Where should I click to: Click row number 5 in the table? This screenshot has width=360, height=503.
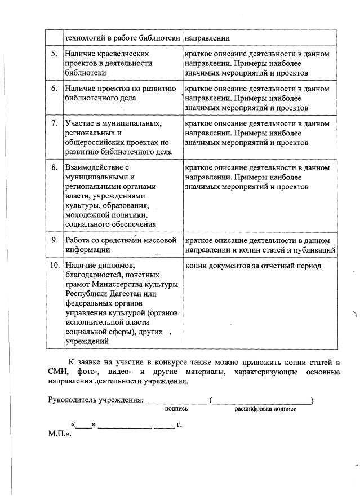(x=54, y=54)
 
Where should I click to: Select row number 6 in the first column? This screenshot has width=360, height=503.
(x=54, y=89)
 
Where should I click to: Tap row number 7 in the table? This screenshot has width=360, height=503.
(x=54, y=123)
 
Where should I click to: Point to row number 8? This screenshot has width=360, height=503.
(x=54, y=167)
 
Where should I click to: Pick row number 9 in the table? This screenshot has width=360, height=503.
(x=54, y=240)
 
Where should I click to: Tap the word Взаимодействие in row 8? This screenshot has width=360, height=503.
(x=94, y=167)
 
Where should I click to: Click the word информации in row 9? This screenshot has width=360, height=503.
(x=87, y=249)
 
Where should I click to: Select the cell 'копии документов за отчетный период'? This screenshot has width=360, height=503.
(x=253, y=266)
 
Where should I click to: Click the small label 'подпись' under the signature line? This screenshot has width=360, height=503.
(x=176, y=409)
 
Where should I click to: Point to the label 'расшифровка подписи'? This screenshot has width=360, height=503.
(x=265, y=409)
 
